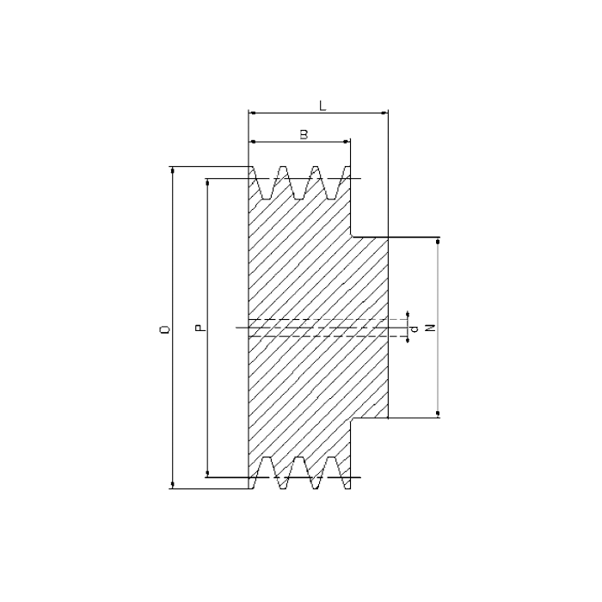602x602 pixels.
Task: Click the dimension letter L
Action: (x=322, y=106)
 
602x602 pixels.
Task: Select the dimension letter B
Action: (x=304, y=134)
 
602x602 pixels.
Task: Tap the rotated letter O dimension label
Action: (x=165, y=329)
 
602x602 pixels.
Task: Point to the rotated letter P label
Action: (x=200, y=328)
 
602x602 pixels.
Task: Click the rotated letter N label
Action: (x=431, y=328)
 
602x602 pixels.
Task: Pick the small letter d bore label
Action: (x=415, y=329)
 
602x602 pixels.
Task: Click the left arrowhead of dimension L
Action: (x=252, y=113)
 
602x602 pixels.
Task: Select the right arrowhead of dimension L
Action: (x=384, y=113)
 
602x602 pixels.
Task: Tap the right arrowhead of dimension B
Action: (x=347, y=142)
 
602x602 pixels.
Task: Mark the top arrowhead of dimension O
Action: (x=172, y=170)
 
